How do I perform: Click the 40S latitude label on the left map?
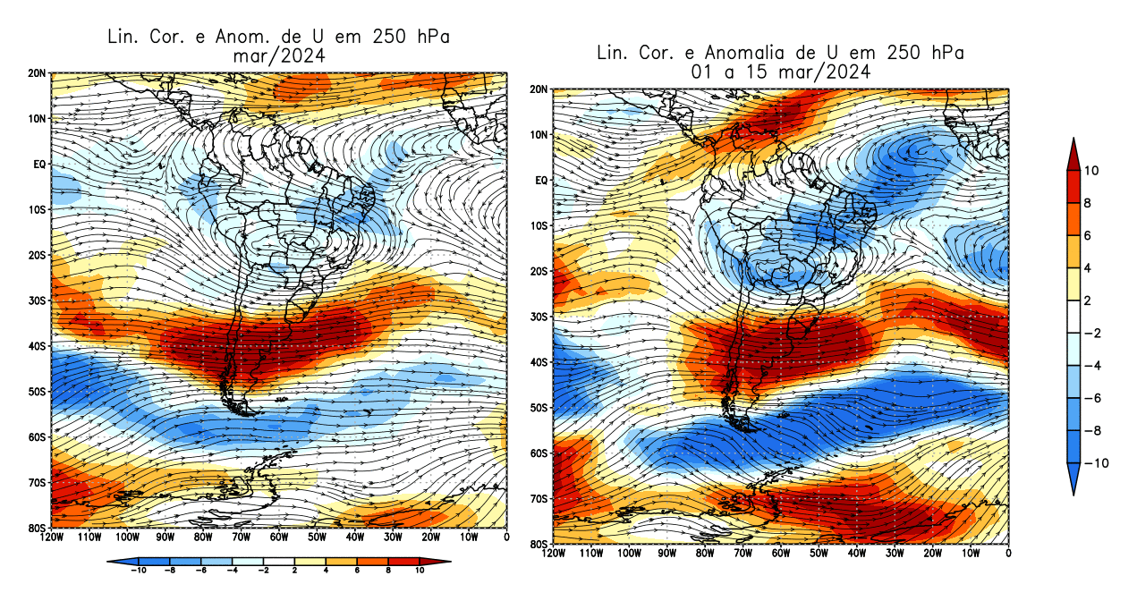click(37, 345)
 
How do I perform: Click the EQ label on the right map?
click(540, 181)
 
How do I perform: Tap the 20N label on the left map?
click(38, 72)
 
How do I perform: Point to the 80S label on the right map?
click(539, 544)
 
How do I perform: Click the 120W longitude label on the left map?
click(52, 538)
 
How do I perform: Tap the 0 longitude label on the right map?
click(1008, 554)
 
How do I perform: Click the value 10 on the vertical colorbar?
click(1092, 171)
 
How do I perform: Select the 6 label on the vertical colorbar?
click(1090, 235)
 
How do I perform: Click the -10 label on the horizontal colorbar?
click(139, 570)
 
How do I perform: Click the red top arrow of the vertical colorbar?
click(1073, 153)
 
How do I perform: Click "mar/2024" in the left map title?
click(277, 55)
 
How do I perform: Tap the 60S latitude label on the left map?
click(37, 436)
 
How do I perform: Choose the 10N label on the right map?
click(539, 135)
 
